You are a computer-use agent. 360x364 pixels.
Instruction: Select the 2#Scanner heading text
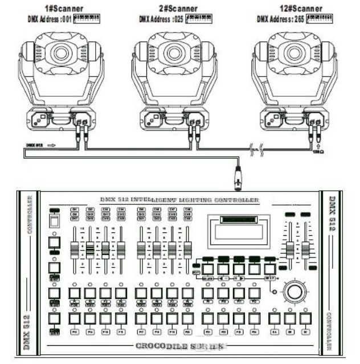175,9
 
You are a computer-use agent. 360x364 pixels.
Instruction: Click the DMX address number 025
179,19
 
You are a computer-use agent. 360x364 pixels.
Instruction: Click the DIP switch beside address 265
319,19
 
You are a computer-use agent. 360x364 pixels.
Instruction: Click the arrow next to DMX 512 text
51,145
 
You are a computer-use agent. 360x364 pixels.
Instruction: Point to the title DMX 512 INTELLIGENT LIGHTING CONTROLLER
179,200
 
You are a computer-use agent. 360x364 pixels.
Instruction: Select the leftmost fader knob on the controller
74,249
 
